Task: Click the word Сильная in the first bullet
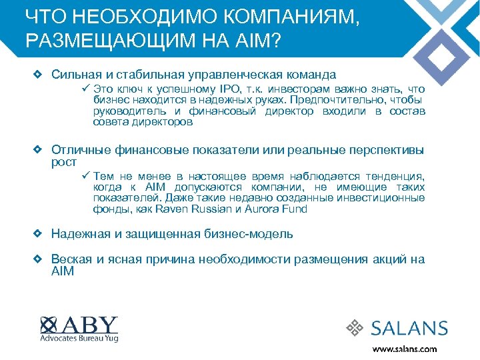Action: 74,75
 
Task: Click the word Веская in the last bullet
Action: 71,259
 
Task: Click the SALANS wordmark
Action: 409,328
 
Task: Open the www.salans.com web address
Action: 404,349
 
